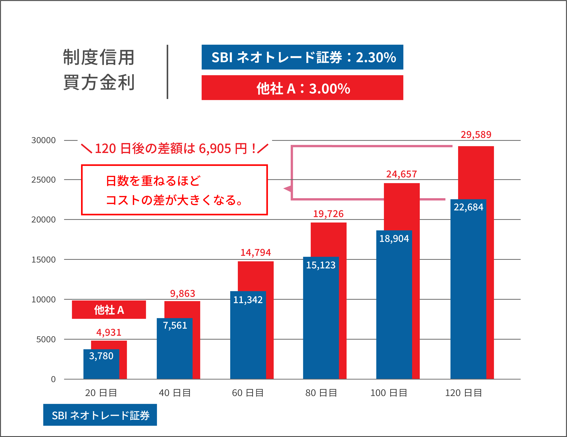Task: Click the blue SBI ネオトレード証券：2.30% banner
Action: pos(302,57)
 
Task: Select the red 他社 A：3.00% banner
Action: pos(302,88)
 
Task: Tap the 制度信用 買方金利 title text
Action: pos(99,70)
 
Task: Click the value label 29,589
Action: pos(476,134)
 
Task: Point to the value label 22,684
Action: pos(468,207)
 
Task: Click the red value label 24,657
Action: pos(401,174)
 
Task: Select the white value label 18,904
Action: pos(394,238)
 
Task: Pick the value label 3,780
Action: pos(101,356)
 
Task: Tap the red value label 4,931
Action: pos(109,332)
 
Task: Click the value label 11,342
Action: pos(248,300)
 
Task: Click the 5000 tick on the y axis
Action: pos(46,339)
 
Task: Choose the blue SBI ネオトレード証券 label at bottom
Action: pos(100,415)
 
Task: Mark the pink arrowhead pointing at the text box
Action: pos(287,189)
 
